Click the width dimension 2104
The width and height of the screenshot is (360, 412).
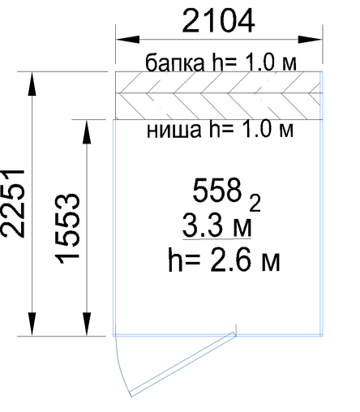(218, 20)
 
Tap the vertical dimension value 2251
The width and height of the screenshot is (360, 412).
(12, 204)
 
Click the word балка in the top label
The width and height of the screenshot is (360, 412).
(175, 62)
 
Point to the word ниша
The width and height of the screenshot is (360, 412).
(174, 130)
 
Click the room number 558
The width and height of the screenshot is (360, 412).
(216, 191)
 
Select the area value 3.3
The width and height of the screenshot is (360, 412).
(204, 225)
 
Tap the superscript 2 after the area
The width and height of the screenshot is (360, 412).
(255, 204)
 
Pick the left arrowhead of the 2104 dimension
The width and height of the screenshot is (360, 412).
(127, 40)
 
